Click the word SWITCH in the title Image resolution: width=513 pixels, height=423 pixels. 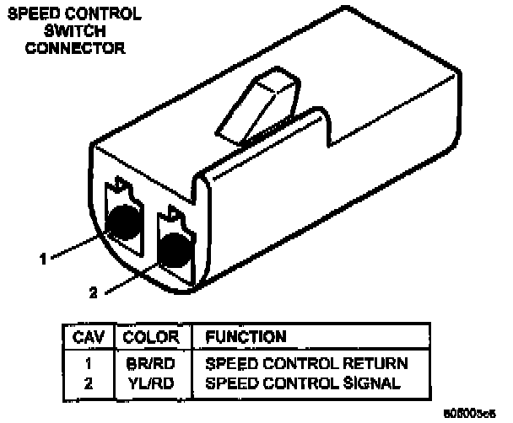pos(75,32)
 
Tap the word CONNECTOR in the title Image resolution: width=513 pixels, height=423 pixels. pos(75,48)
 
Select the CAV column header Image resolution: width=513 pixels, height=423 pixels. pos(87,337)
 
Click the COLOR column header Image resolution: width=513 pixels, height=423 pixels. pos(151,337)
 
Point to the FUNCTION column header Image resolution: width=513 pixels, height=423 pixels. pos(246,337)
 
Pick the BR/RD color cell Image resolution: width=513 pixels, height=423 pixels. pos(151,364)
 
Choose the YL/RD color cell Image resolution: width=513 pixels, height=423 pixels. pos(151,383)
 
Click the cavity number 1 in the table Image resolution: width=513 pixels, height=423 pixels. pos(87,364)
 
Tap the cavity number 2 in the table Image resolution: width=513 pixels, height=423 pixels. pos(87,383)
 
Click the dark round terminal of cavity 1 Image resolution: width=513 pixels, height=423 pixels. pos(125,221)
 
